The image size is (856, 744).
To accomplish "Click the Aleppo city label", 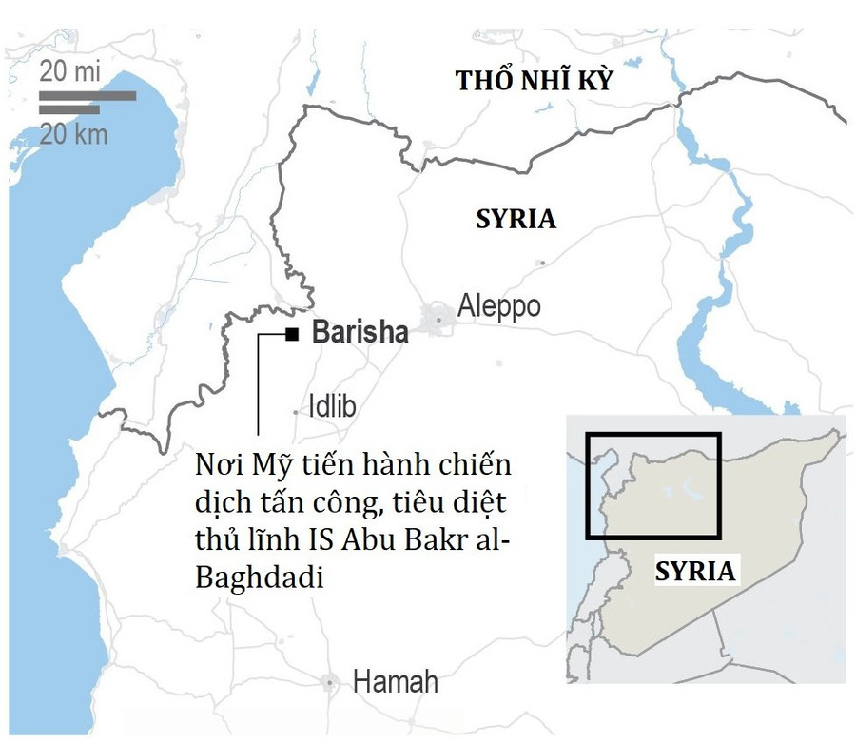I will click(498, 306).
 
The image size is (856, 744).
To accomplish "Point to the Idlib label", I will click(332, 407).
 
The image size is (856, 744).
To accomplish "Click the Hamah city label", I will click(396, 682).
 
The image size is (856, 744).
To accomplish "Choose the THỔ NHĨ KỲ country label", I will click(534, 81).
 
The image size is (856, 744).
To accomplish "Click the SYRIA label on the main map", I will click(516, 219).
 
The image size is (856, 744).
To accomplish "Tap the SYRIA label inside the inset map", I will click(695, 572).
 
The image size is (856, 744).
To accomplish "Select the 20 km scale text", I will click(74, 134).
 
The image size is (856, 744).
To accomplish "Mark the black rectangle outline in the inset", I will click(653, 486).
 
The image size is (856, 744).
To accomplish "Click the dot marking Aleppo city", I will click(438, 320).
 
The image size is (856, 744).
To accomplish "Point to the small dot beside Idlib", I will click(295, 412).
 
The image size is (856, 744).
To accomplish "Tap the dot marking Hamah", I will click(330, 683).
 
